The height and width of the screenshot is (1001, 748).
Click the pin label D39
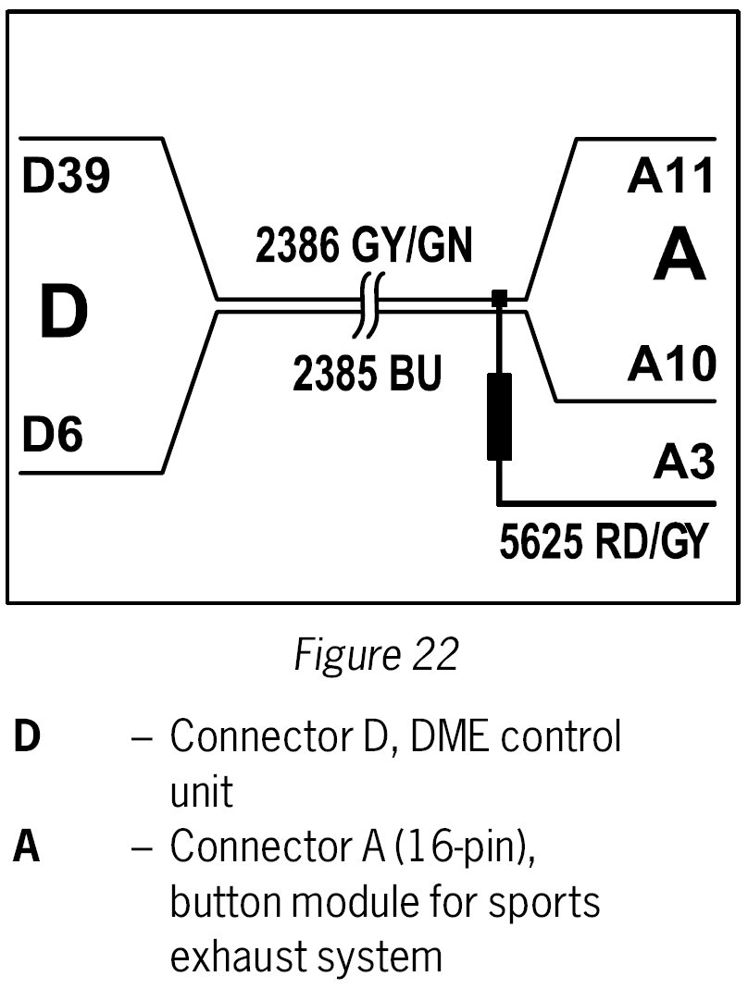66,179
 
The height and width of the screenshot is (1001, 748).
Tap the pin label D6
52,435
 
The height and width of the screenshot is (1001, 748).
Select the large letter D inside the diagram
63,313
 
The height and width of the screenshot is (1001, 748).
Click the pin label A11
671,178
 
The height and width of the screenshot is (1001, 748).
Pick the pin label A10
671,365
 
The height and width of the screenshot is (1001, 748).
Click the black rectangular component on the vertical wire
499,416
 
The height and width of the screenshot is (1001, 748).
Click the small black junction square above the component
499,298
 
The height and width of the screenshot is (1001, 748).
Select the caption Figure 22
375,655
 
